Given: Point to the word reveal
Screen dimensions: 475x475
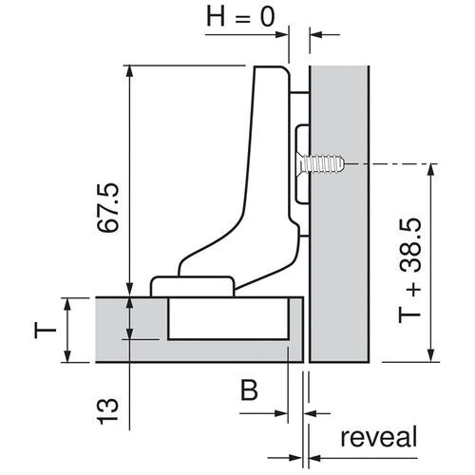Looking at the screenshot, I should pyautogui.click(x=377, y=438).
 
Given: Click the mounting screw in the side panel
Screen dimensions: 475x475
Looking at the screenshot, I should pyautogui.click(x=323, y=164).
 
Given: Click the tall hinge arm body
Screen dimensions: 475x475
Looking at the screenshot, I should pyautogui.click(x=266, y=152).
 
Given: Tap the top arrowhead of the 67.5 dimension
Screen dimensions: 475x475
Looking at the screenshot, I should pyautogui.click(x=127, y=70).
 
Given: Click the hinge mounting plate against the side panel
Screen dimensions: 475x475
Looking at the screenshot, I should pyautogui.click(x=301, y=161).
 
